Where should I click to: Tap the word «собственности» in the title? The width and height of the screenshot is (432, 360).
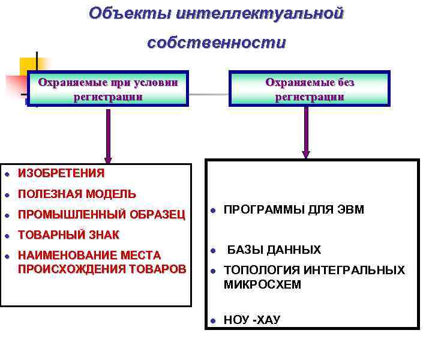click(x=216, y=43)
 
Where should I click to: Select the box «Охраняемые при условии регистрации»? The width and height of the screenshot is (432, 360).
click(x=108, y=89)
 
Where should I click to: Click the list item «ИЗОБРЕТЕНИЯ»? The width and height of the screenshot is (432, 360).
click(x=61, y=173)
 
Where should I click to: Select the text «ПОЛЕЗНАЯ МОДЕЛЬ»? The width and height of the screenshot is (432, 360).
click(x=77, y=194)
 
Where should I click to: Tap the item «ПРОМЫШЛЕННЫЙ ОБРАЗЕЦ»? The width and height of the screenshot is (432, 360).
click(x=101, y=214)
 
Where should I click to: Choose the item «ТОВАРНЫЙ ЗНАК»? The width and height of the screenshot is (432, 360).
click(x=68, y=235)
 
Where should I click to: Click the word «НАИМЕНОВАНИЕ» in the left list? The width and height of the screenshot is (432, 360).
click(x=65, y=255)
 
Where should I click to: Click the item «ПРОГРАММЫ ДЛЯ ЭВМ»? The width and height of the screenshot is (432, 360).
click(x=293, y=209)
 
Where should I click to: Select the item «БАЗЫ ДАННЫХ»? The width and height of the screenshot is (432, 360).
click(x=274, y=250)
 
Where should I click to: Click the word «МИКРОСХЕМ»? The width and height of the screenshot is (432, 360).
click(x=262, y=284)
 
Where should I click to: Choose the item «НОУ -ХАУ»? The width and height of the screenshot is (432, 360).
click(x=251, y=320)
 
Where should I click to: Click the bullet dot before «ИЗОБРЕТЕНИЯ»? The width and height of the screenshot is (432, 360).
click(x=6, y=174)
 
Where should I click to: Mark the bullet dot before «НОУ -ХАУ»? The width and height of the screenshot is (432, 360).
click(x=212, y=320)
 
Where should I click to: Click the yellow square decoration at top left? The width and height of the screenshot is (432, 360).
click(x=28, y=66)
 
